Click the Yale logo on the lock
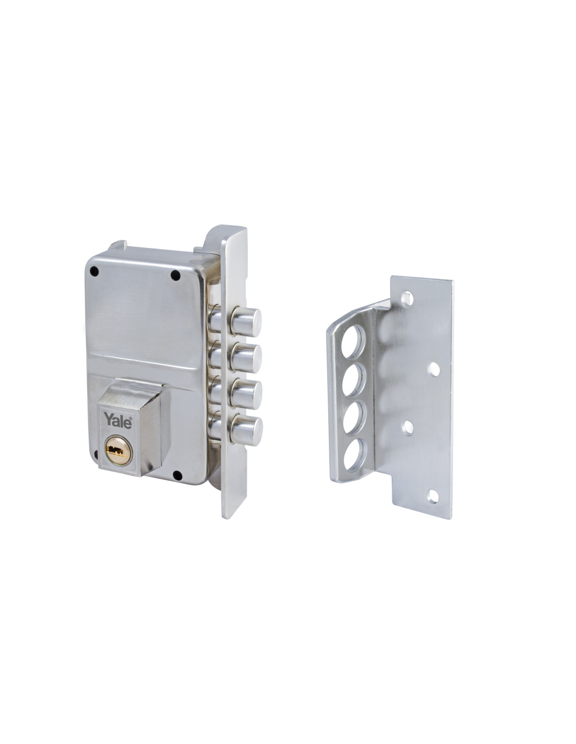click(118, 421)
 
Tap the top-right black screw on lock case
click(175, 274)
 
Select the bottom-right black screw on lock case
click(177, 475)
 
